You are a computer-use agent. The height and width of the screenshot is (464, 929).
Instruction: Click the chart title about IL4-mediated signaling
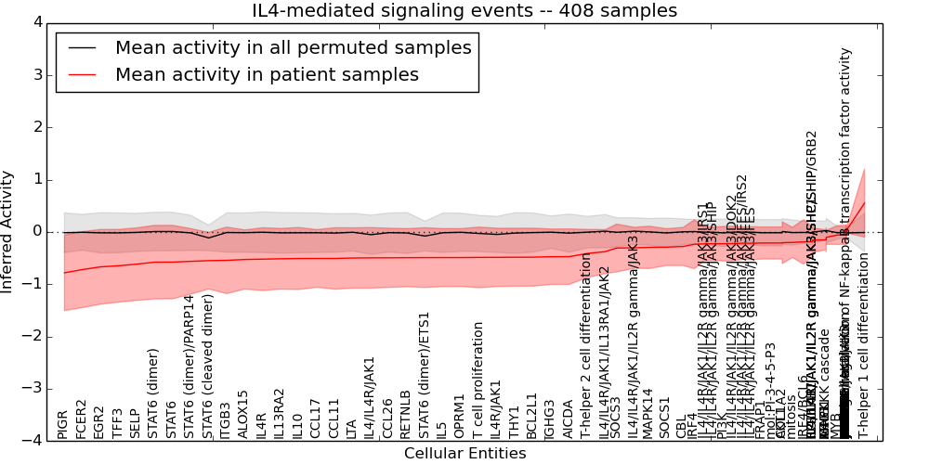tap(464, 11)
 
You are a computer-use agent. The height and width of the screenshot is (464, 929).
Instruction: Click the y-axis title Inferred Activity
tap(8, 231)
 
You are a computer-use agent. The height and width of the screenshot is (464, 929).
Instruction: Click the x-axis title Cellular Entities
tap(464, 454)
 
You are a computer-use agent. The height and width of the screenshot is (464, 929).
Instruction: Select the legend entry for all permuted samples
tap(293, 48)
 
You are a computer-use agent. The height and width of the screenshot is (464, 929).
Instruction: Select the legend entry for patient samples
tap(267, 74)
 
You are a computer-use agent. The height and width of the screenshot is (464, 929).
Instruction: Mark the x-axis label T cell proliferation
tap(478, 380)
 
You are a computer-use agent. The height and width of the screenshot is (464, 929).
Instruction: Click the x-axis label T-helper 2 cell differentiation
tap(586, 346)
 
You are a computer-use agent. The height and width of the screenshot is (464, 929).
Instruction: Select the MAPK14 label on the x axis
tap(648, 414)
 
